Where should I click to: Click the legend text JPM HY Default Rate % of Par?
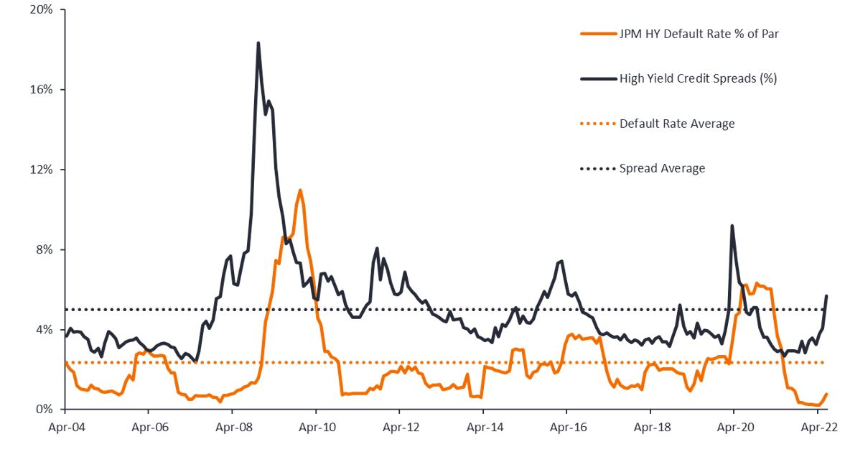point(699,33)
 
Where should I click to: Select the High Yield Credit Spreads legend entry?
point(698,78)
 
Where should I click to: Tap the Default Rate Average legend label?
point(677,124)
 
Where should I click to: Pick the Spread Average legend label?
point(662,168)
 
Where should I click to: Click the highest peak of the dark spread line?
point(258,43)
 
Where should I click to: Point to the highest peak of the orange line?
point(299,190)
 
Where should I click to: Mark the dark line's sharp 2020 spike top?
point(732,226)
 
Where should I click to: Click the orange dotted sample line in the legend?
point(597,124)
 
